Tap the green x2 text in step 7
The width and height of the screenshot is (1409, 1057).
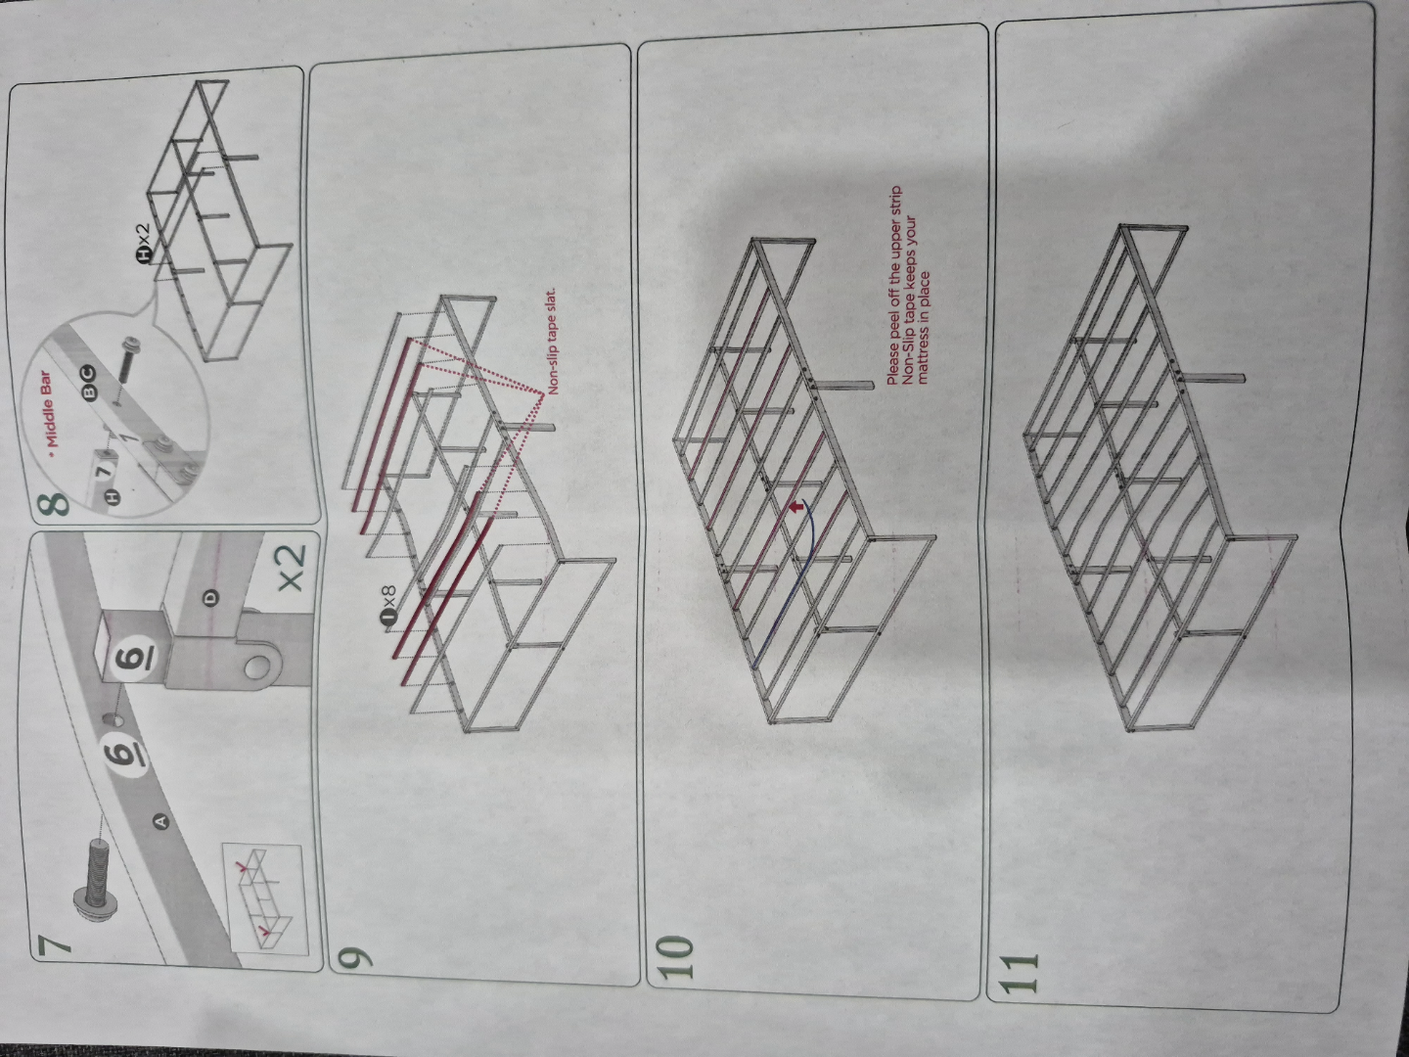pyautogui.click(x=292, y=568)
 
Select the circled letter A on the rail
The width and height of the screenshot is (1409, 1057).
pyautogui.click(x=160, y=820)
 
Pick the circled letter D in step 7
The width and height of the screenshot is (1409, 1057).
pyautogui.click(x=210, y=598)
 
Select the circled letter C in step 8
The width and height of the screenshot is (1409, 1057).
pyautogui.click(x=87, y=373)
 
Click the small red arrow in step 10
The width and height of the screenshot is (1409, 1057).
pyautogui.click(x=796, y=507)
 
